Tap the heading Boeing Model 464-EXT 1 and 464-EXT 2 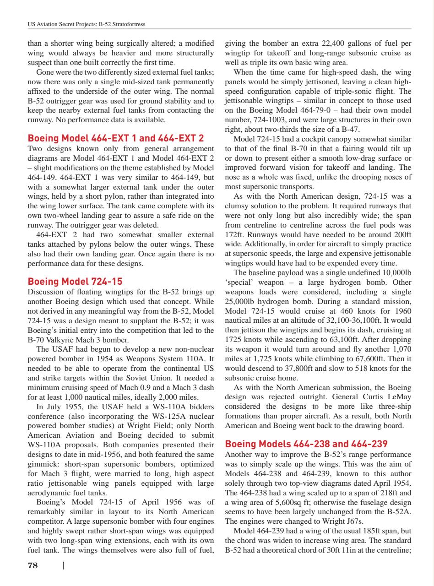116,138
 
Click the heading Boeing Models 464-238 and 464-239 307,444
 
